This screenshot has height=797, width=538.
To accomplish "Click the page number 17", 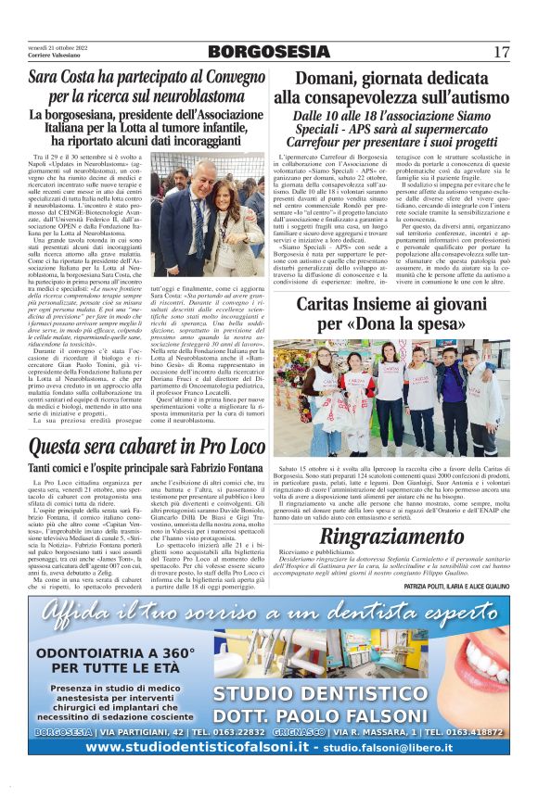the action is (501, 52).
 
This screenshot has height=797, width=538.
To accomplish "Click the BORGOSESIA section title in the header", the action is (268, 52).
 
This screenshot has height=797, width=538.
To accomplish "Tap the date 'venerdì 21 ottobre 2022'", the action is (58, 46).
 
